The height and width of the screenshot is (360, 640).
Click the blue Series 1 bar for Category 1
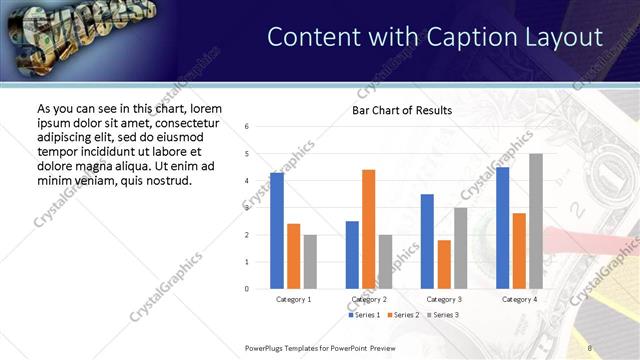(277, 231)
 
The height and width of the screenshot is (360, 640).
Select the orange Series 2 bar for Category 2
(369, 229)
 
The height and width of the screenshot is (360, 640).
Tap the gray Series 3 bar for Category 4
(536, 221)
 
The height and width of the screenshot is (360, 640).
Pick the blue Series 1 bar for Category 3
(427, 241)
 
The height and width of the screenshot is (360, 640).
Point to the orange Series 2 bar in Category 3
(444, 264)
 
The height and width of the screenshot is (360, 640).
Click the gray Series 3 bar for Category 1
(310, 262)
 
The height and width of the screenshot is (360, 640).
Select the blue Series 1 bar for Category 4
(502, 228)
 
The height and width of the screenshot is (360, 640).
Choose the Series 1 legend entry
(364, 315)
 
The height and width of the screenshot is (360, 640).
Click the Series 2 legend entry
(404, 315)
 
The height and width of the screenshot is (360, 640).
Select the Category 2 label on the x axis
(369, 299)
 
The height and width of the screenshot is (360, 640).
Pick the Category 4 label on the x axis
(519, 299)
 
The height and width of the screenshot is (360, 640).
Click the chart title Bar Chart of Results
(402, 110)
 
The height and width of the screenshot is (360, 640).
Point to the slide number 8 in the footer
(590, 348)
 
